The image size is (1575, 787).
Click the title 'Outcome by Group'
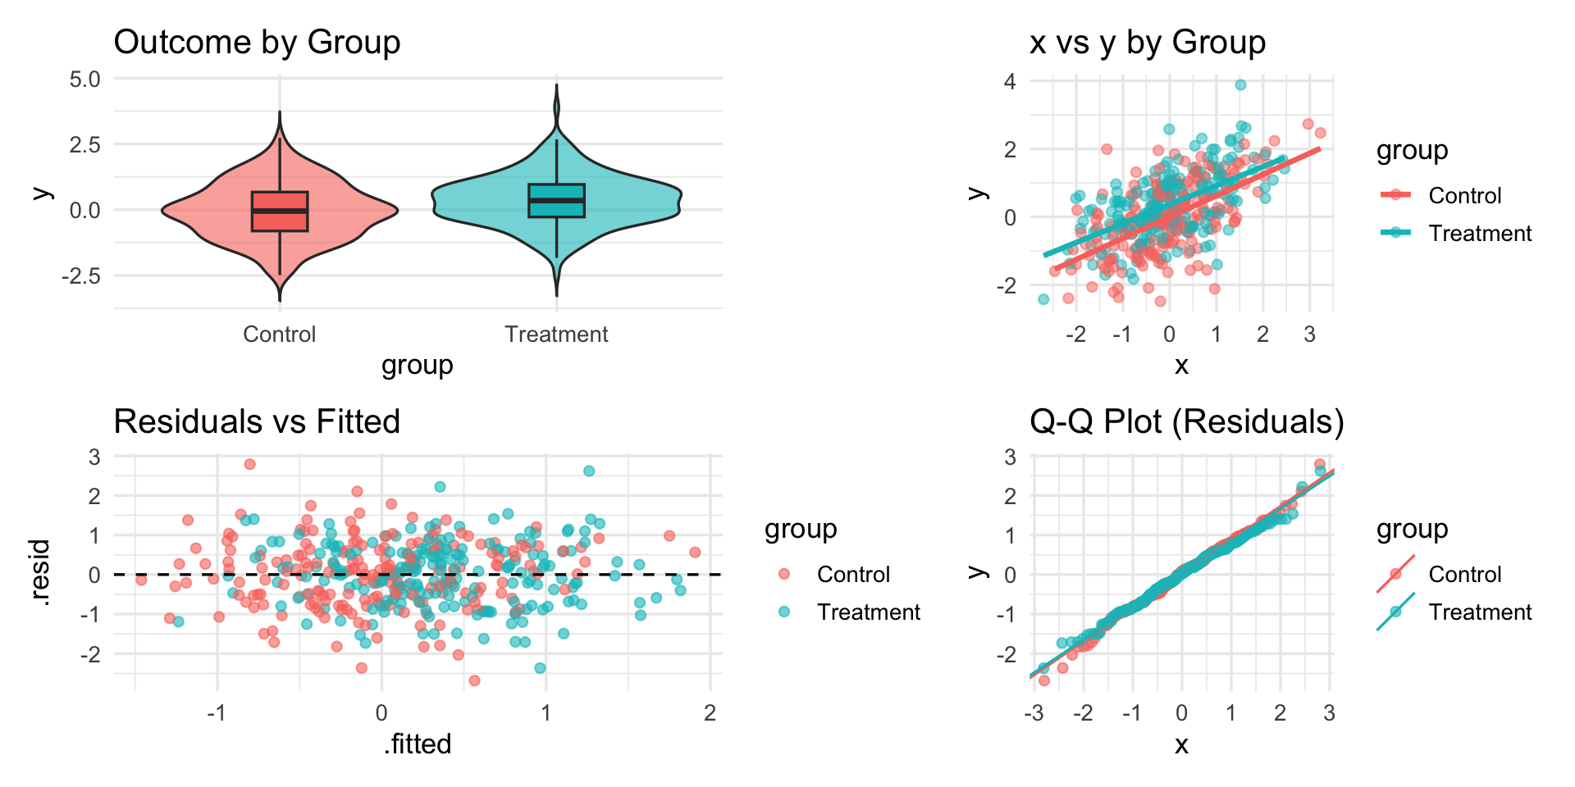coord(257,43)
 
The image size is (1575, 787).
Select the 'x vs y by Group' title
coord(1147,43)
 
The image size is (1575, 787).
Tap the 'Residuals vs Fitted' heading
coord(257,422)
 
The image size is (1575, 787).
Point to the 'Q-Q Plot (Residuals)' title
coord(1186,422)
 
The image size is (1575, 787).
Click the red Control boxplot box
coord(280,212)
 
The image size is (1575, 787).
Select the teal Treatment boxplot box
coord(556,201)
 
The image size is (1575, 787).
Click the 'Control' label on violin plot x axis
coord(279,334)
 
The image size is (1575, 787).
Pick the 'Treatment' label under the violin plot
coord(556,334)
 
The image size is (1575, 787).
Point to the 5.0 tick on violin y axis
coord(85,80)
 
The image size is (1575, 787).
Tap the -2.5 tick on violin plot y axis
coord(81,276)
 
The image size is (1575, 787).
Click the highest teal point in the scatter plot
coord(1240,85)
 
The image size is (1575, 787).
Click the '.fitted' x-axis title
coord(418,744)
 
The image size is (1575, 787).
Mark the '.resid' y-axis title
coord(41,573)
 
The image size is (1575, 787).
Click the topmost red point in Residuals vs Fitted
coord(250,465)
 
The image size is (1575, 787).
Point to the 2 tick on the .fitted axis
coord(710,713)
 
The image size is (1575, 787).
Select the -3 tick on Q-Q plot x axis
coord(1034,713)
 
